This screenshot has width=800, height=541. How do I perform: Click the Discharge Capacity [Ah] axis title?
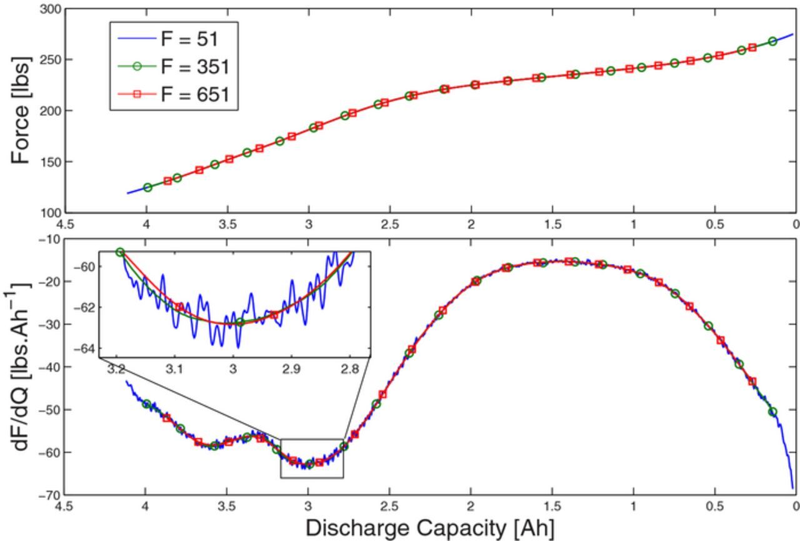tap(430, 528)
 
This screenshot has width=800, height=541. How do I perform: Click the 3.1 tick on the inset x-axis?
tap(175, 370)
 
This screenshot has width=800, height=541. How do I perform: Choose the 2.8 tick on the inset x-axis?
tap(350, 370)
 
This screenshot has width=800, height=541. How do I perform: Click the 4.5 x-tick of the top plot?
tap(65, 225)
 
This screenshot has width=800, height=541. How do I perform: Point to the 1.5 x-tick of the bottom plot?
tap(552, 506)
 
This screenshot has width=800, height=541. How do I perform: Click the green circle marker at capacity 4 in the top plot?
tap(147, 188)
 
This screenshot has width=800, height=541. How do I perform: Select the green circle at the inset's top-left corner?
tap(120, 252)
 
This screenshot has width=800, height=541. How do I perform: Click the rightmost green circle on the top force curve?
tap(772, 41)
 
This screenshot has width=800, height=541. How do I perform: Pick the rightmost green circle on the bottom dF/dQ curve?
tap(772, 412)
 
